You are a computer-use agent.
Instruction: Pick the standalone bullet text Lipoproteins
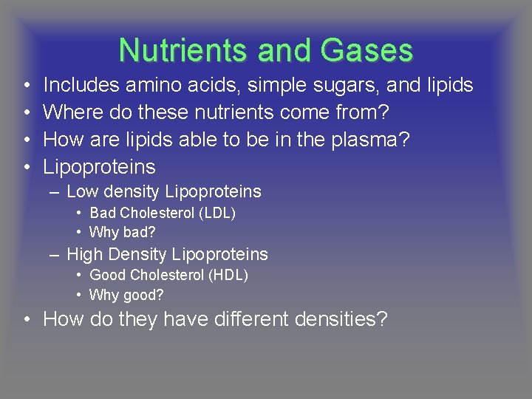(x=100, y=167)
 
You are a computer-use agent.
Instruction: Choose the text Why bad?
(x=123, y=232)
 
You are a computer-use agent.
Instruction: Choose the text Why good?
(x=126, y=295)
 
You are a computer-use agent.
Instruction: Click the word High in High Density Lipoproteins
(x=84, y=254)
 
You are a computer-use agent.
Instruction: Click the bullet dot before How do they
(x=26, y=321)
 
